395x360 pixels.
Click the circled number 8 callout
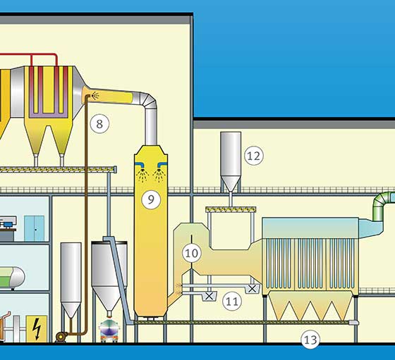(99, 124)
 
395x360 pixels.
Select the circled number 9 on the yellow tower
(151, 199)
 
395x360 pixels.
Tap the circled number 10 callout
(192, 253)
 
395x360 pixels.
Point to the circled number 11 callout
(232, 301)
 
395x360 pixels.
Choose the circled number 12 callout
(254, 156)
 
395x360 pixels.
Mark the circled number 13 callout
(310, 340)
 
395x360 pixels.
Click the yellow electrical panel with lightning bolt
(37, 329)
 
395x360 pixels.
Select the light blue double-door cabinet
(35, 228)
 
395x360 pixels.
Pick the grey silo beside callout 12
(231, 162)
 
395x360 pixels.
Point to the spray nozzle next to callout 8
(94, 96)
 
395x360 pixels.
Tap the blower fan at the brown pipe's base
(61, 337)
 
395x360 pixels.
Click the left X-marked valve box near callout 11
(209, 296)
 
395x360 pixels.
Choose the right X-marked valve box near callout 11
(252, 289)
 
